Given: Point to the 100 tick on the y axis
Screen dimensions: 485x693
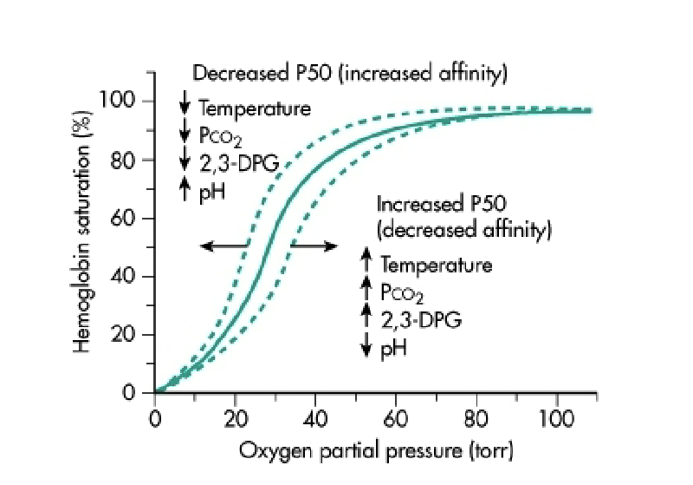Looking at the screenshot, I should [x=119, y=101].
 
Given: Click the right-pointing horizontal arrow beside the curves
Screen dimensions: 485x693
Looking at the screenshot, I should [x=314, y=246].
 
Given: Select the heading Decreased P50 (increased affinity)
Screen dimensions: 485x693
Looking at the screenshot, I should [x=349, y=75].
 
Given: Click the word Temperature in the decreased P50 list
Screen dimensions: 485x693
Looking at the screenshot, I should [x=254, y=109].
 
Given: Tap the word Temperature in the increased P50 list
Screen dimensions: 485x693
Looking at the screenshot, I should [x=436, y=265].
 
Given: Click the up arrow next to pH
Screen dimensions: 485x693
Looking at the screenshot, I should [x=184, y=188].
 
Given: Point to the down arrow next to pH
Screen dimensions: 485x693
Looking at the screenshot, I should [x=366, y=346].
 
